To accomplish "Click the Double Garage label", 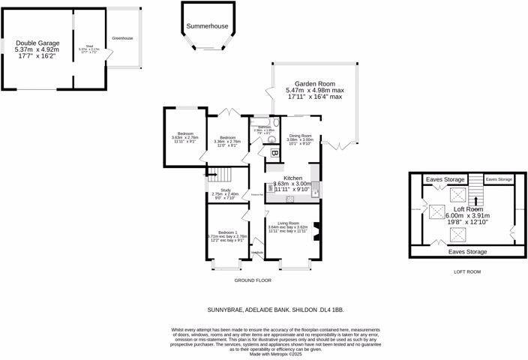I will tap(36, 43).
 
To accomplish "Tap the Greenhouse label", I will tap(122, 37).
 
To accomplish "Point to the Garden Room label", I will tap(313, 84).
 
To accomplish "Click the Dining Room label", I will tap(300, 136).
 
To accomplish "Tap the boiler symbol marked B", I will tap(275, 154).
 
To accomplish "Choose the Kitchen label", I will tap(292, 178).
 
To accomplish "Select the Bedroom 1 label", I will tap(226, 232).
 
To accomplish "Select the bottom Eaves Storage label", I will tap(467, 251).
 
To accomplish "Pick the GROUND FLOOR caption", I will tap(252, 280).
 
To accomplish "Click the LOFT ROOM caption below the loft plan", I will tap(467, 272).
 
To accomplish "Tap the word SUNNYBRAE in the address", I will tap(226, 309).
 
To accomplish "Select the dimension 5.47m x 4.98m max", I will tap(313, 90).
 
